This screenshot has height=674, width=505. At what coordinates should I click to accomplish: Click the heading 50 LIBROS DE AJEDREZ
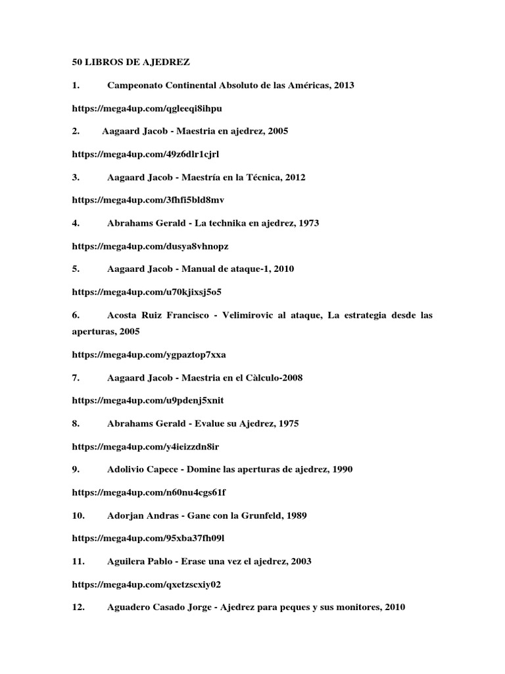130,63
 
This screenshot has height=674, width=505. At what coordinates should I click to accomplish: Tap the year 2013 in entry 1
344,86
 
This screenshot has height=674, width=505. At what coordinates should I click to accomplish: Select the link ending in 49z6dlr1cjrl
145,154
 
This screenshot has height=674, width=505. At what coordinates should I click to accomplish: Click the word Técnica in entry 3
262,177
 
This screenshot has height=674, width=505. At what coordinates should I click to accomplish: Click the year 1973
308,223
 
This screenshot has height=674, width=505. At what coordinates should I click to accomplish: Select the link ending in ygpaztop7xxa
149,355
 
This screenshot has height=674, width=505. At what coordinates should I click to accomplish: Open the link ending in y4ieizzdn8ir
145,447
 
